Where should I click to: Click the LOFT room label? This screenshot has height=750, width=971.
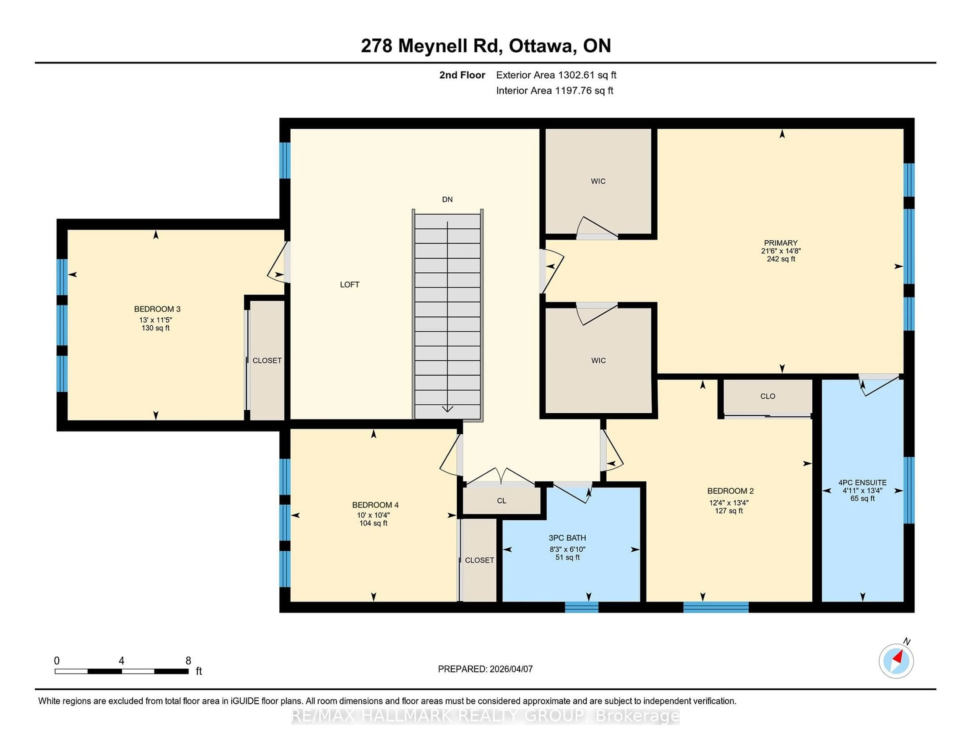coord(349,284)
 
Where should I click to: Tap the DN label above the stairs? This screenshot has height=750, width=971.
coord(447,199)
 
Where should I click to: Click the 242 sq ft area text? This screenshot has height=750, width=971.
coord(781,259)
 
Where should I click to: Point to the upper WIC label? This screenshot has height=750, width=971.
coord(598,181)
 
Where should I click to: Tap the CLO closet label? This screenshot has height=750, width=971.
coord(768,396)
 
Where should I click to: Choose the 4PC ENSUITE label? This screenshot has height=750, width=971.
coord(862,483)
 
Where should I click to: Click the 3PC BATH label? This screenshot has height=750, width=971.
coord(567,538)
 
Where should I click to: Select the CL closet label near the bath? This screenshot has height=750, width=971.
coord(501,501)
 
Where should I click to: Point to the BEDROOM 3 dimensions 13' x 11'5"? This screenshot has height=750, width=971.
coord(156,320)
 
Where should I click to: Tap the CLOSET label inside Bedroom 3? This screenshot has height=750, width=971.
coord(267,360)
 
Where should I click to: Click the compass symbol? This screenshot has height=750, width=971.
coord(896,661)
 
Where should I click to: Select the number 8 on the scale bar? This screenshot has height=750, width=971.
coord(188,661)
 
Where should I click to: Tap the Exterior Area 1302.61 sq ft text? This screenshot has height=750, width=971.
coord(556,75)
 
